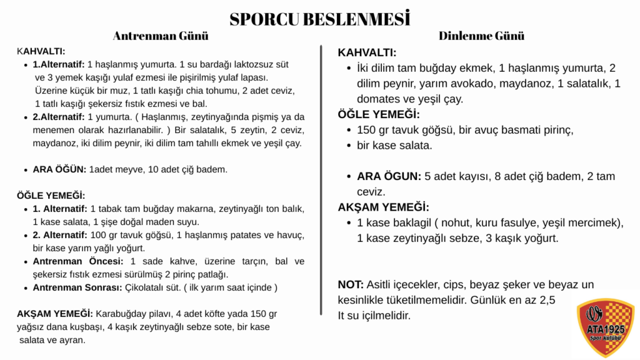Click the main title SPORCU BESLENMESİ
pos(319,19)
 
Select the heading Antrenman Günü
pos(161,36)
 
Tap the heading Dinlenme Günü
pos(481,36)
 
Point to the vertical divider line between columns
pos(321,181)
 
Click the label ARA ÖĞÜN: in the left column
pos(59,169)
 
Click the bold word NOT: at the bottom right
pos(351,284)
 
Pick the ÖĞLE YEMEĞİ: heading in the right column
pos(379,114)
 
